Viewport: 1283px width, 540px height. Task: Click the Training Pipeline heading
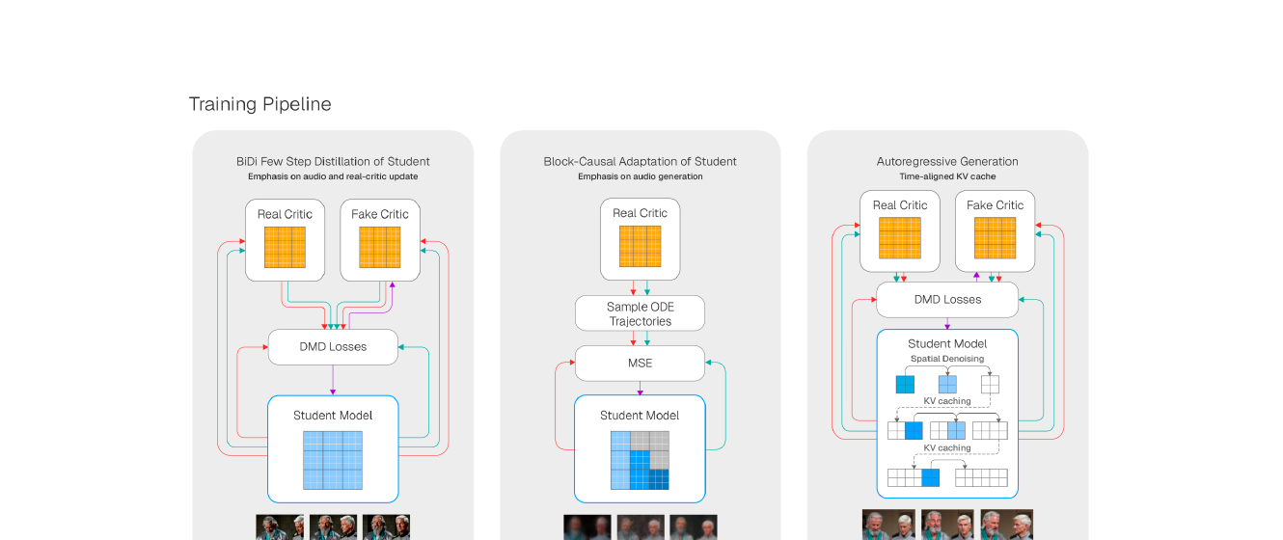click(x=260, y=104)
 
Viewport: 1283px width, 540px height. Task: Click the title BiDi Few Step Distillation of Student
click(x=333, y=161)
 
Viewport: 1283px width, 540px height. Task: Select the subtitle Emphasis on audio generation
click(x=640, y=176)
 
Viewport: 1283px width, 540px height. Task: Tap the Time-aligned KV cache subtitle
click(x=947, y=176)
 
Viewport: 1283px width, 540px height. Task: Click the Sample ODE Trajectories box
click(x=640, y=313)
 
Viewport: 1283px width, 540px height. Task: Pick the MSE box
click(x=640, y=364)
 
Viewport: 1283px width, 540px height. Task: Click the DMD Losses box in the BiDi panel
click(x=333, y=347)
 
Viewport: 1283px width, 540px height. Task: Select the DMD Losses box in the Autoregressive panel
click(x=947, y=300)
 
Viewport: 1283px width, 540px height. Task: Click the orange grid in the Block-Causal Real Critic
click(x=640, y=246)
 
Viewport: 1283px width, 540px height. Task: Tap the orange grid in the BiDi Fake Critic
click(x=380, y=248)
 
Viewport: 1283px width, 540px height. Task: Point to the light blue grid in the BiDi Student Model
click(x=333, y=460)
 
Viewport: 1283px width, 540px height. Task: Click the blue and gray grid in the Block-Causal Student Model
click(x=640, y=460)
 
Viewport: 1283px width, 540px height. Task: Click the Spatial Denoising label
click(x=947, y=359)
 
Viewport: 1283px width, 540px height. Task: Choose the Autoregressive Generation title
click(x=947, y=161)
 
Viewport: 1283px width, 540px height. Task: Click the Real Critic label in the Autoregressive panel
click(x=900, y=205)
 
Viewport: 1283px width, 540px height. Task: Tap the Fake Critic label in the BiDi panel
click(x=380, y=214)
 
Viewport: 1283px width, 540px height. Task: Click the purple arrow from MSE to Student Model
click(x=640, y=389)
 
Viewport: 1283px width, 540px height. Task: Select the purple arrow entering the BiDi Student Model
click(x=333, y=380)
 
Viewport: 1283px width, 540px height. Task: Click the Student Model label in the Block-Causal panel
click(x=640, y=416)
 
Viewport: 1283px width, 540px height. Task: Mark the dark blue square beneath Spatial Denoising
click(x=905, y=384)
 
